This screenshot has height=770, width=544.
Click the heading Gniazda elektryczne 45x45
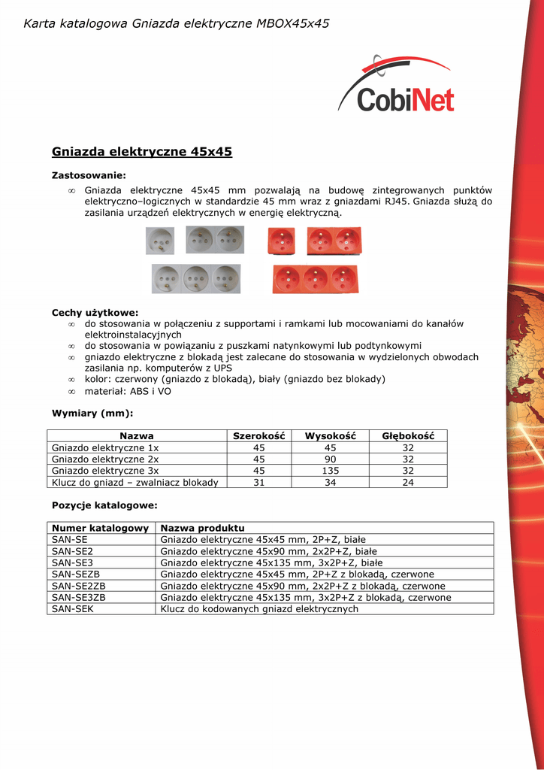coord(141,152)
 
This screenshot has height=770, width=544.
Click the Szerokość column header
coord(258,436)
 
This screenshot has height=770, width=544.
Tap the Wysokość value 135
coord(330,471)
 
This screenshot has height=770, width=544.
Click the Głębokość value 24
coord(408,483)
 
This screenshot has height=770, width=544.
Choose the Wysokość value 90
coord(330,459)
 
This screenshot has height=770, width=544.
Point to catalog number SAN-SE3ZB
coord(79,598)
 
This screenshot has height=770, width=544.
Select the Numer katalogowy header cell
coord(100,528)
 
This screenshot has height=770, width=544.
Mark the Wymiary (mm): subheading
coord(92,413)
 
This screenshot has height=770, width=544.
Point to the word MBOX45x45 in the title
coord(293,24)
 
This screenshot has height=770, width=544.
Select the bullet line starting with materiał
coord(128,392)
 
